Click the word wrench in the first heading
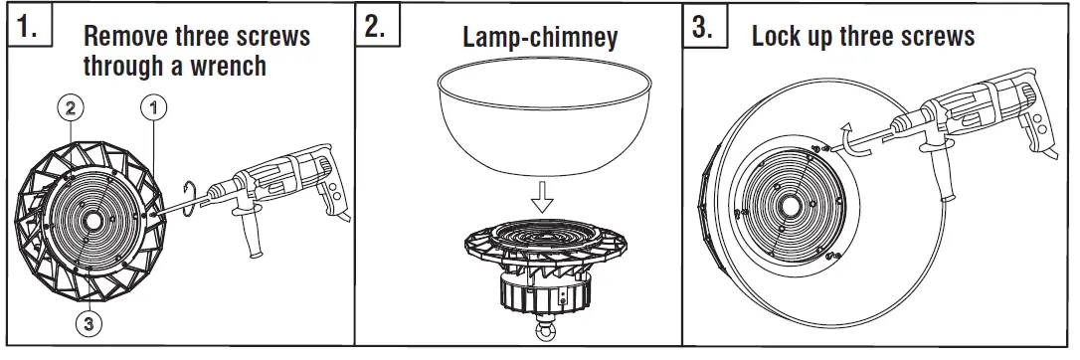[233, 67]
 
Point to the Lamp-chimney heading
[540, 38]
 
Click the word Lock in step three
[780, 38]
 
